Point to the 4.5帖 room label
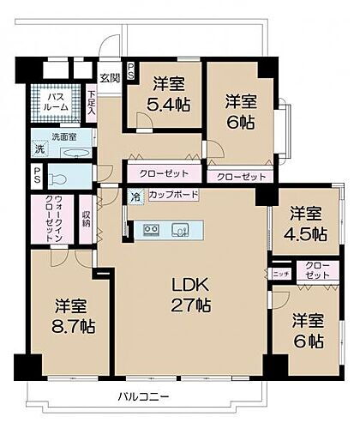(x=307, y=223)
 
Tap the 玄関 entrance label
(x=110, y=78)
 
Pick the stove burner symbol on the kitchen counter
(x=151, y=229)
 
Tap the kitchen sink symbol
(x=181, y=229)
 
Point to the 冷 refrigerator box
(x=135, y=196)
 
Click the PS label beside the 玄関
(x=130, y=70)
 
